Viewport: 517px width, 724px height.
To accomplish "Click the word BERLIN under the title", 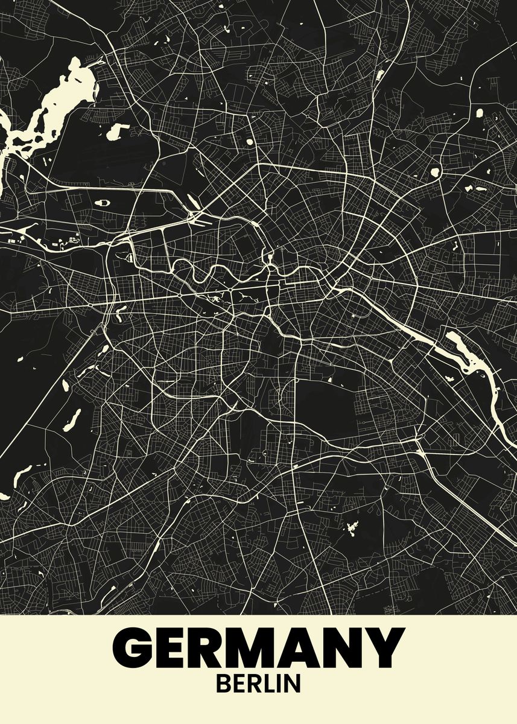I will (x=258, y=684).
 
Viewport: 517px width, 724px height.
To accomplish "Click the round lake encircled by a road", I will (x=435, y=173).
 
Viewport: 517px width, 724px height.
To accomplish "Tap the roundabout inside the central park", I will (x=230, y=293).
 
